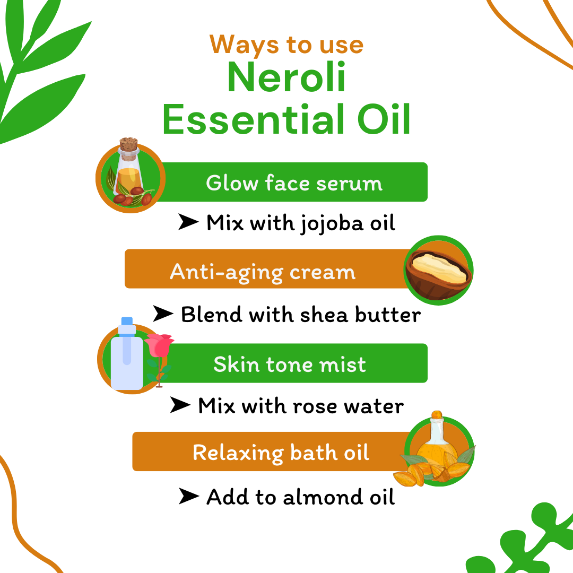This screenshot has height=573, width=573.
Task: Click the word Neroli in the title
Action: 286,78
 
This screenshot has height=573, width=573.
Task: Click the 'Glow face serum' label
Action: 294,183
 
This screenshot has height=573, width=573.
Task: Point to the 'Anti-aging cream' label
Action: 263,272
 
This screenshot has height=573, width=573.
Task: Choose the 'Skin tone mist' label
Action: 290,364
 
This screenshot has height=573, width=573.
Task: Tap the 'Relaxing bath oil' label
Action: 281,453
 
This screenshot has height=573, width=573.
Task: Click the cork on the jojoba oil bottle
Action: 128,145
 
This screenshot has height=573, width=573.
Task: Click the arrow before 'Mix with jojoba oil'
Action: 188,223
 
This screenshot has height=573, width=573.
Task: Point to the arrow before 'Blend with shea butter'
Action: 163,314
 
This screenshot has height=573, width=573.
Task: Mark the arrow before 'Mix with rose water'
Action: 180,406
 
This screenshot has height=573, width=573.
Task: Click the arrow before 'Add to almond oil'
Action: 188,497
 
